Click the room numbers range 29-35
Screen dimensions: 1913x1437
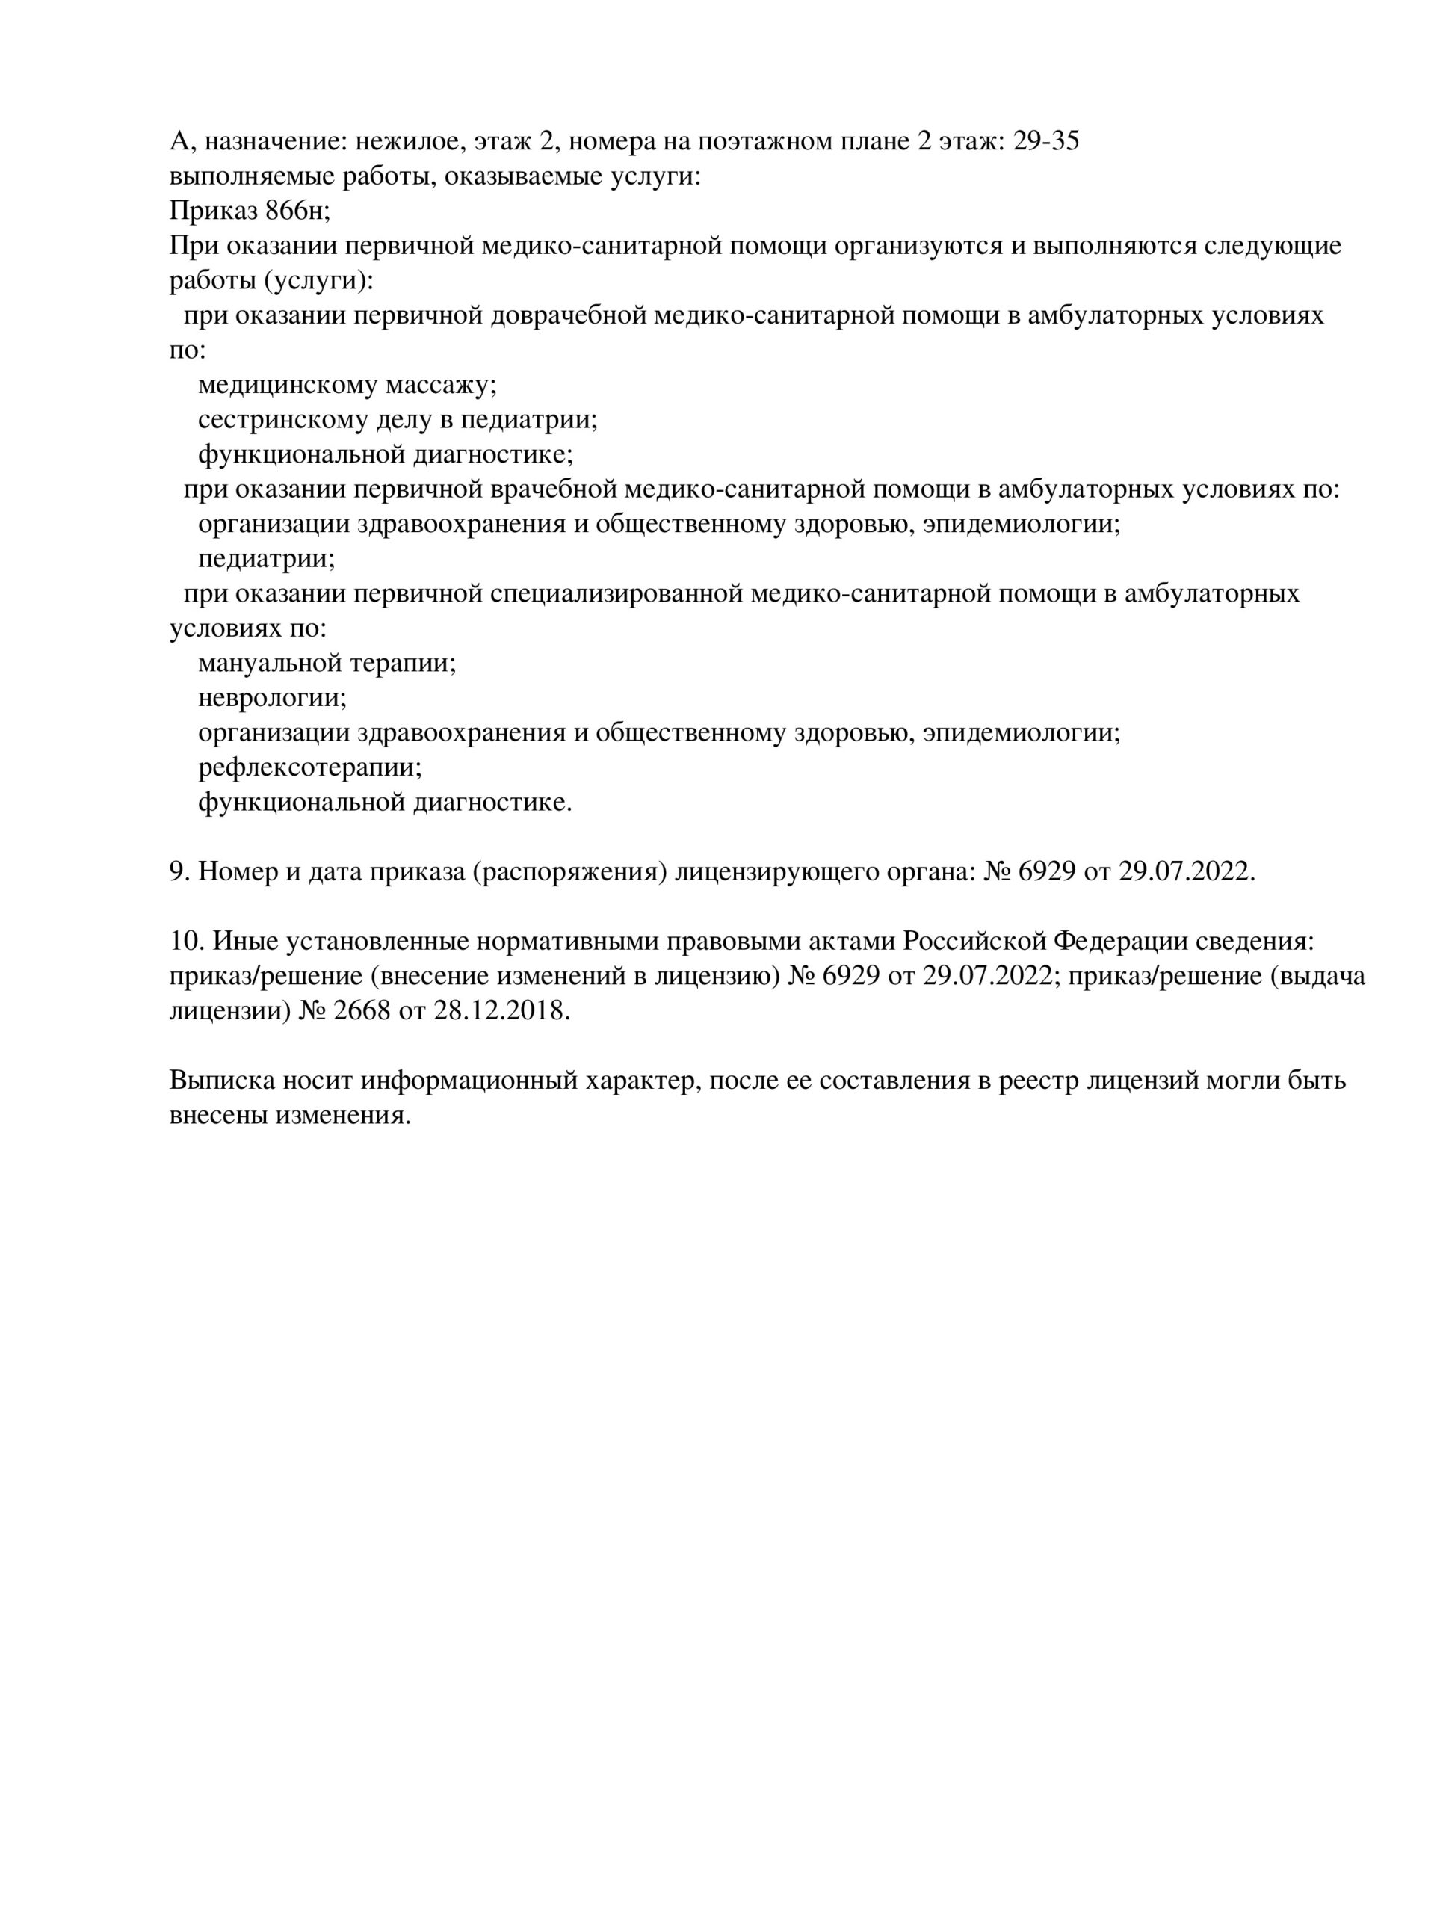click(1045, 141)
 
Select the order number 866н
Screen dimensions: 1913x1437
click(297, 210)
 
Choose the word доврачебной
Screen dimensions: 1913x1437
click(568, 315)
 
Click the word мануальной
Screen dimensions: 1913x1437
click(270, 664)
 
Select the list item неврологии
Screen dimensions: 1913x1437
click(272, 698)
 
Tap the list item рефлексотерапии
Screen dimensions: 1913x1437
click(310, 767)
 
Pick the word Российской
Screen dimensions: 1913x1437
click(976, 941)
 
